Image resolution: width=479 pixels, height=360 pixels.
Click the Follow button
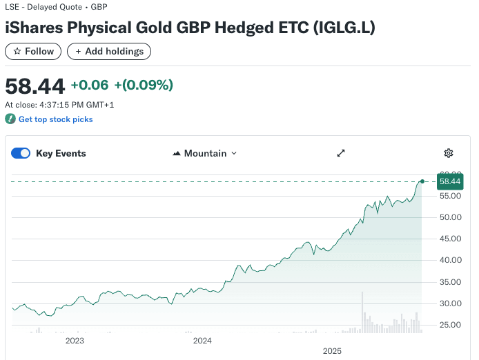click(x=33, y=51)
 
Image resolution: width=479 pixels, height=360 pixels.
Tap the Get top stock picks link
click(x=55, y=119)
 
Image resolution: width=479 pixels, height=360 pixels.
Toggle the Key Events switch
click(x=21, y=153)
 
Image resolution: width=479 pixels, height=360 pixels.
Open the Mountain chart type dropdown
click(x=204, y=153)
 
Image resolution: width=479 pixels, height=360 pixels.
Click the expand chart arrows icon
click(x=341, y=153)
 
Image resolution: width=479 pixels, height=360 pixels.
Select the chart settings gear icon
click(x=449, y=153)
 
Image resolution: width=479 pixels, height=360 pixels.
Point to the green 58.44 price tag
click(x=449, y=181)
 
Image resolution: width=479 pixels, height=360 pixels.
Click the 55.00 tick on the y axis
click(x=450, y=196)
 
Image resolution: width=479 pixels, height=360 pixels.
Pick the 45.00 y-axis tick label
click(x=450, y=239)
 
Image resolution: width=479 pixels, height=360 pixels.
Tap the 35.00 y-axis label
click(x=450, y=281)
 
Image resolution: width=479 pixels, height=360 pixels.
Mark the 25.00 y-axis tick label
click(x=450, y=325)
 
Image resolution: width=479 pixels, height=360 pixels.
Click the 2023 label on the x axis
click(x=75, y=341)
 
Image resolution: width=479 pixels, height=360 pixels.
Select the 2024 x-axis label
click(x=202, y=341)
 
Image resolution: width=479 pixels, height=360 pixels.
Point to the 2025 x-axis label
click(x=333, y=351)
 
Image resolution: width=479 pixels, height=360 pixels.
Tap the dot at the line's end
click(x=422, y=181)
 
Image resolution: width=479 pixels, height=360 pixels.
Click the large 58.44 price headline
click(x=35, y=86)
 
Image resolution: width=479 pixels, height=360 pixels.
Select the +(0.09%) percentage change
click(x=144, y=85)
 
